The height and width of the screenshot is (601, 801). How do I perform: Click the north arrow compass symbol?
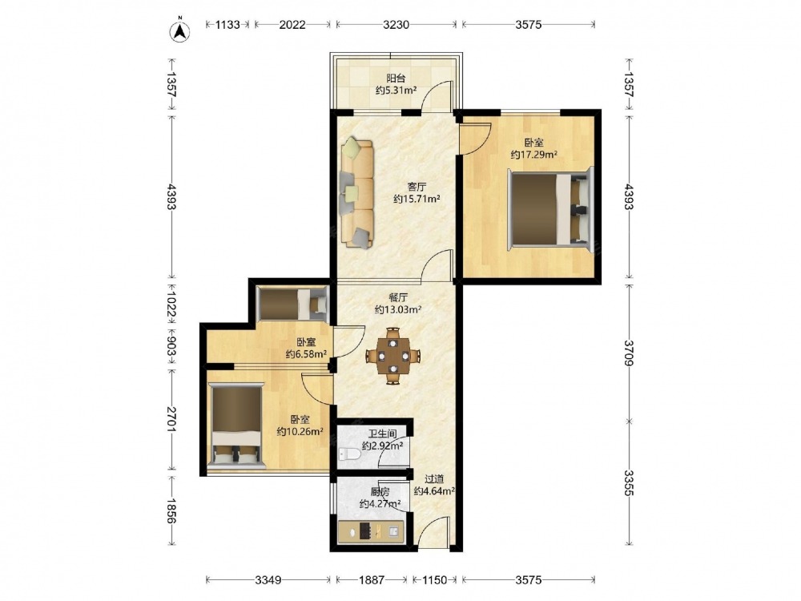click(179, 30)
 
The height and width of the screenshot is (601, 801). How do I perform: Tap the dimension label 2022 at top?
click(292, 25)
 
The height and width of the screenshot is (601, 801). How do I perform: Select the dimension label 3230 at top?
click(396, 25)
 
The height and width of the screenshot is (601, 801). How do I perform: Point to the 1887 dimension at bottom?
click(372, 580)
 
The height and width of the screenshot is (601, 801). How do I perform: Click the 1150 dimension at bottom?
click(434, 580)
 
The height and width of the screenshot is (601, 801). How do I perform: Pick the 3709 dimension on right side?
click(628, 353)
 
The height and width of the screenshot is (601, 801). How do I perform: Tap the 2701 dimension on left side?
click(171, 420)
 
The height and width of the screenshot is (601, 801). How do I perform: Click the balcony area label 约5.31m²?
click(396, 91)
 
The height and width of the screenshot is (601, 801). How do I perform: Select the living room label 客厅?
click(417, 187)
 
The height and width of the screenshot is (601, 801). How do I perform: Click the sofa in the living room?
click(356, 192)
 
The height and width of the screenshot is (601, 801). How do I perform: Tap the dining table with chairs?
click(392, 356)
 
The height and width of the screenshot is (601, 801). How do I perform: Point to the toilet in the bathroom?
click(350, 453)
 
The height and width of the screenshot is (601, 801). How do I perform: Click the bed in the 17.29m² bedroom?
click(551, 209)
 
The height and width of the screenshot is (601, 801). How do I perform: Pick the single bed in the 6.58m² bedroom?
click(292, 305)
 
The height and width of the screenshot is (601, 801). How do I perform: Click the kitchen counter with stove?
click(372, 531)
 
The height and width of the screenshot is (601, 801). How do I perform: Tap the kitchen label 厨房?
click(380, 492)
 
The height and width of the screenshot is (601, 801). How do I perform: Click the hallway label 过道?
click(434, 479)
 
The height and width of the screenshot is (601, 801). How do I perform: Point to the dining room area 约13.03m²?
click(398, 309)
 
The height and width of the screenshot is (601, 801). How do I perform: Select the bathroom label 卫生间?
click(383, 434)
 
